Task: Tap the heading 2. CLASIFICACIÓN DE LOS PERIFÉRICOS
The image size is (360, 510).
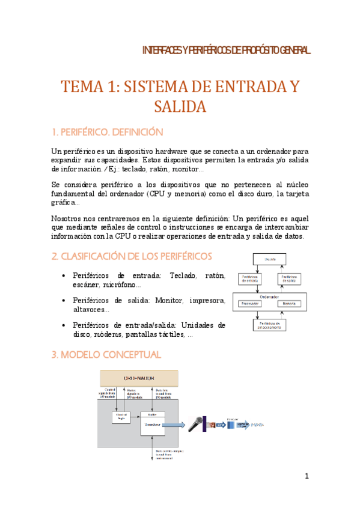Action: click(x=132, y=257)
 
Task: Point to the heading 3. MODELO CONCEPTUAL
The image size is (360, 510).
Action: click(x=106, y=355)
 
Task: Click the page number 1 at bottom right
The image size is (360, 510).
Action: click(x=307, y=476)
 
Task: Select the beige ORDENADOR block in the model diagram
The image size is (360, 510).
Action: click(x=138, y=378)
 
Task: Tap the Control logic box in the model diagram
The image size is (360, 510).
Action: click(x=121, y=418)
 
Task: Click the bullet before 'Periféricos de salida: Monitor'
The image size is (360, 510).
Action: click(x=64, y=300)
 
